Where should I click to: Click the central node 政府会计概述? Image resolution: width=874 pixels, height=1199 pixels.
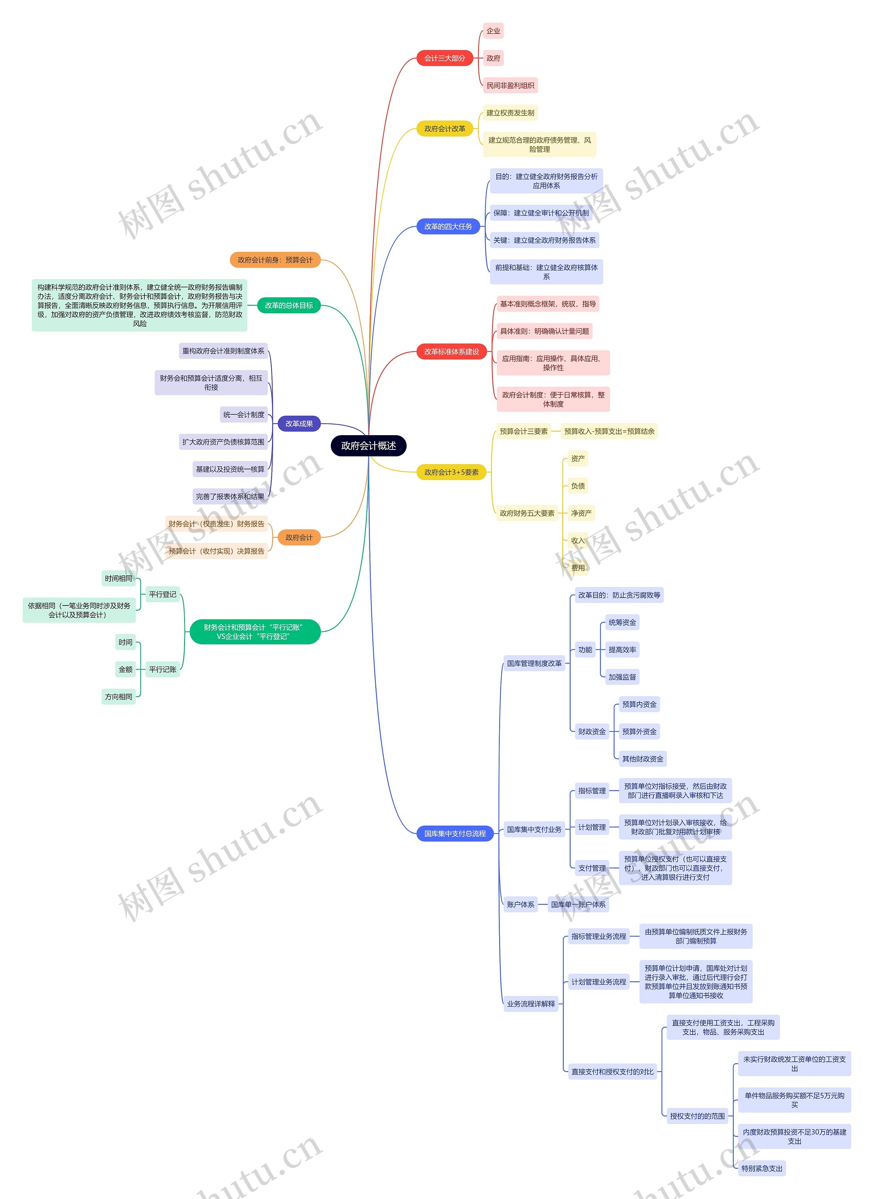coord(368,446)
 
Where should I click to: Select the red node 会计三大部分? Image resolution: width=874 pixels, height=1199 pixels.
coord(445,58)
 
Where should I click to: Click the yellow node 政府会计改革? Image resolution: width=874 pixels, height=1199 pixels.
coord(445,129)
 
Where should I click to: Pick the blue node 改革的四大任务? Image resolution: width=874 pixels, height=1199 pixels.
coord(448,226)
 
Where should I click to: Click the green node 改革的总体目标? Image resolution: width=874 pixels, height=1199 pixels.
coord(288,305)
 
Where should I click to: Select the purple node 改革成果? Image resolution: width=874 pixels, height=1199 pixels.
coord(299,424)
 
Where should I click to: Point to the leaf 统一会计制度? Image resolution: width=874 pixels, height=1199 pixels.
coord(243,415)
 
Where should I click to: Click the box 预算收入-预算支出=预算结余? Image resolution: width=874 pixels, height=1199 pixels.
coord(609,431)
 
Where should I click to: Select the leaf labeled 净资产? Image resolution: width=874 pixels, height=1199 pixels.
coord(581,513)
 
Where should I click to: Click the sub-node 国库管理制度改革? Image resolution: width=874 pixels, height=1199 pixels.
coord(534,663)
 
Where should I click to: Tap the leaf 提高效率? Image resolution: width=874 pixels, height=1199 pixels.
coord(622,650)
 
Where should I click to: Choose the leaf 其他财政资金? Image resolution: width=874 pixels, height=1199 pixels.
coord(642,759)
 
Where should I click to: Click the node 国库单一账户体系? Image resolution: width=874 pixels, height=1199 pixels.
coord(578,904)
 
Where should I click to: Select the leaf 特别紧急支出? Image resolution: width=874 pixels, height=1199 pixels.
coord(761,1168)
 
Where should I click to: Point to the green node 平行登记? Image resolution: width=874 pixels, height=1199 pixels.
coord(163,595)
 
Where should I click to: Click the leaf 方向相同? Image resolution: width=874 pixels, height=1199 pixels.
coord(118,697)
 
